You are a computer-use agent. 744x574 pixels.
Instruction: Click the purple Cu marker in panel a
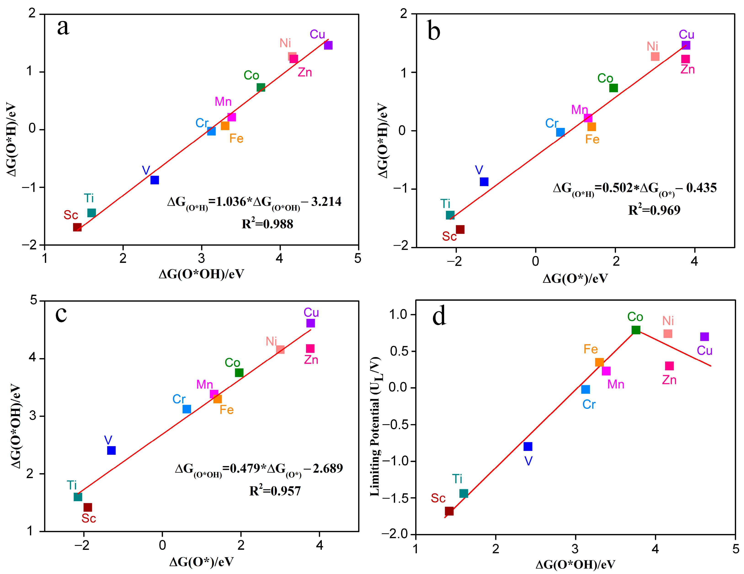click(328, 45)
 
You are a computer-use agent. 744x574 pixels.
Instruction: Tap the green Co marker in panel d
click(636, 330)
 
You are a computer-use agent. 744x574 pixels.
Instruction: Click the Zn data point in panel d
click(669, 366)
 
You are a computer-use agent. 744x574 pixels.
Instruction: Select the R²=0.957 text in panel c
click(275, 491)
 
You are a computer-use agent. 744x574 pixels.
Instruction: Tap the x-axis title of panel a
click(201, 274)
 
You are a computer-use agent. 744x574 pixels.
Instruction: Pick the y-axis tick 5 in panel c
click(33, 301)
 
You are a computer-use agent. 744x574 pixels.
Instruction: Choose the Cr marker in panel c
click(187, 409)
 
